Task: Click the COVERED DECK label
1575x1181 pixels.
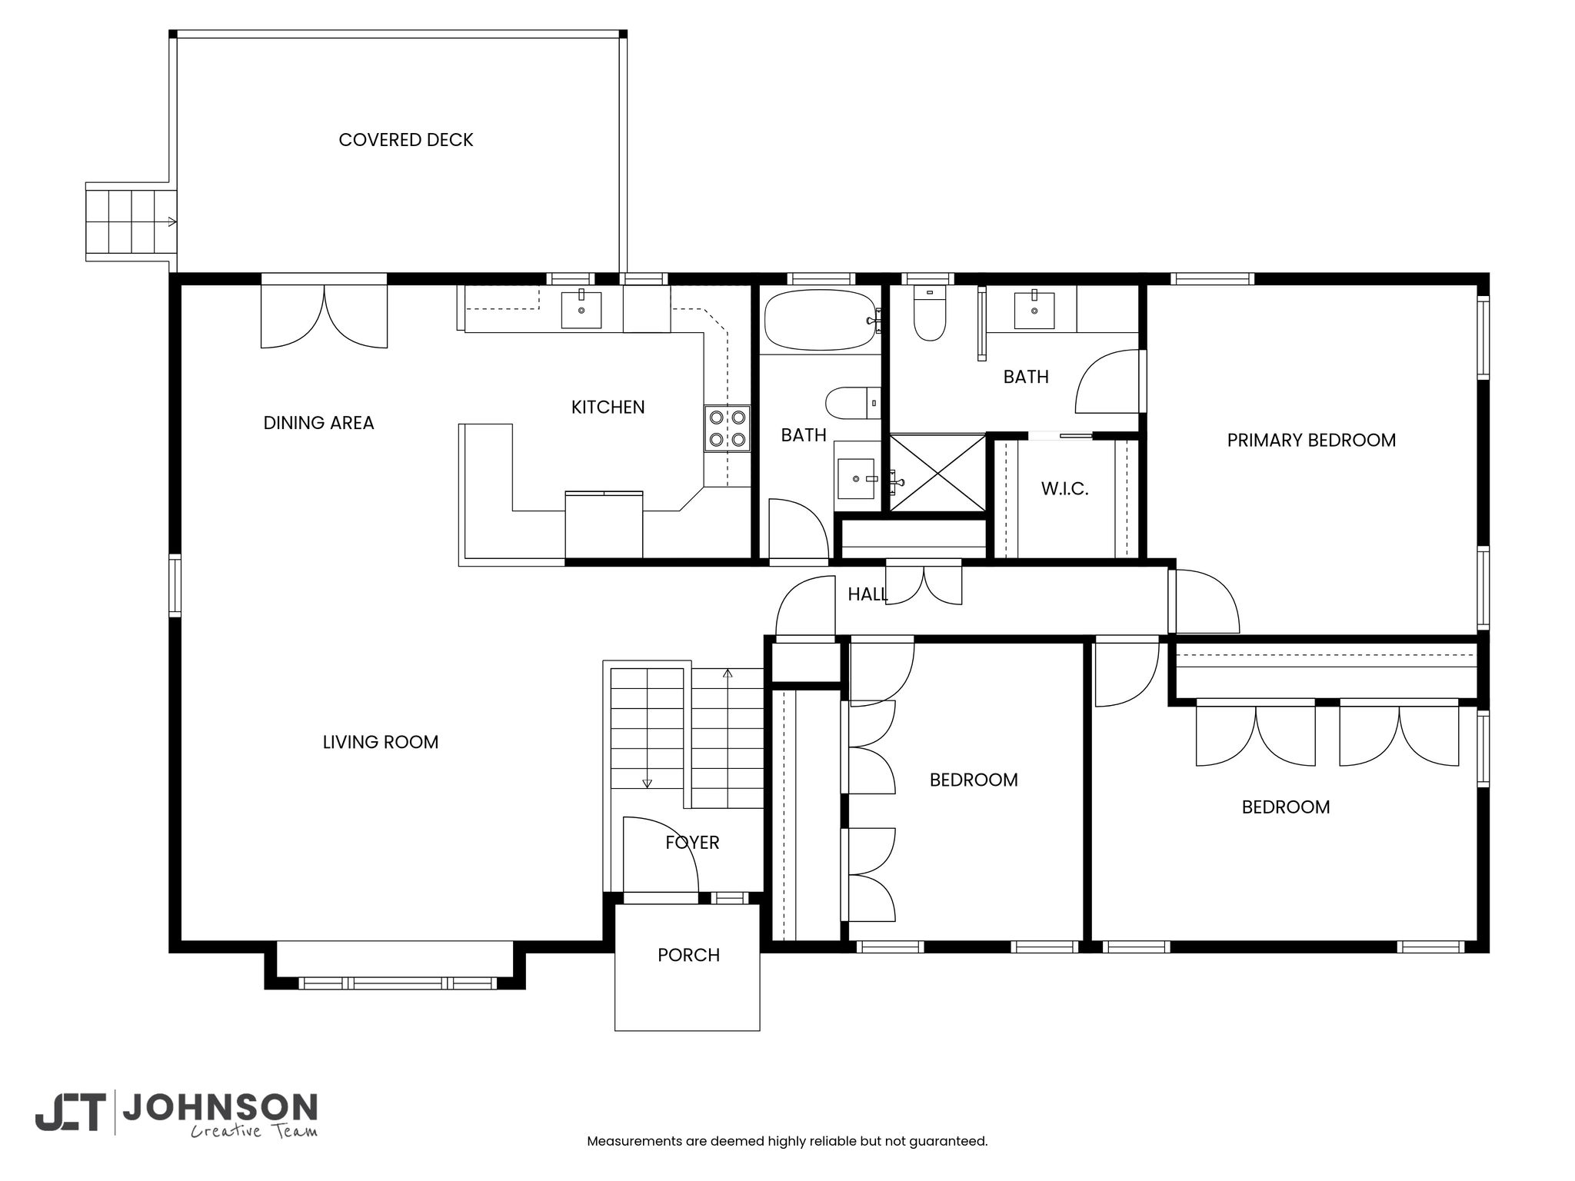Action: (x=406, y=140)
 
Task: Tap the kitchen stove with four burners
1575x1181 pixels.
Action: (x=727, y=428)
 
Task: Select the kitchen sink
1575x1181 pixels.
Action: (x=581, y=309)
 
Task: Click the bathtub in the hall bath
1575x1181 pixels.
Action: (x=821, y=320)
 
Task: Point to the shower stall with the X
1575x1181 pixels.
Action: (x=937, y=472)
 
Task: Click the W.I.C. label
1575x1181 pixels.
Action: (x=1065, y=489)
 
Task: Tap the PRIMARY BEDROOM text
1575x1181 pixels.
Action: (x=1311, y=441)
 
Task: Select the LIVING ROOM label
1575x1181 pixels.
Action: (x=381, y=743)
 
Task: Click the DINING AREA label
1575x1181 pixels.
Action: (x=318, y=423)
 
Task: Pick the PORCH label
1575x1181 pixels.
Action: (x=689, y=955)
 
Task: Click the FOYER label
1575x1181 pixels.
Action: (x=693, y=843)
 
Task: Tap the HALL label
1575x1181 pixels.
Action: (x=867, y=594)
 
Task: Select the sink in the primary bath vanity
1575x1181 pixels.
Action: (x=1034, y=309)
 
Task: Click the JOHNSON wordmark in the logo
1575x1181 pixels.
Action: (x=220, y=1108)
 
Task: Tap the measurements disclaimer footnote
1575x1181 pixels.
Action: (x=787, y=1141)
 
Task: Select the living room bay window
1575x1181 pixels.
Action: (x=397, y=983)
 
